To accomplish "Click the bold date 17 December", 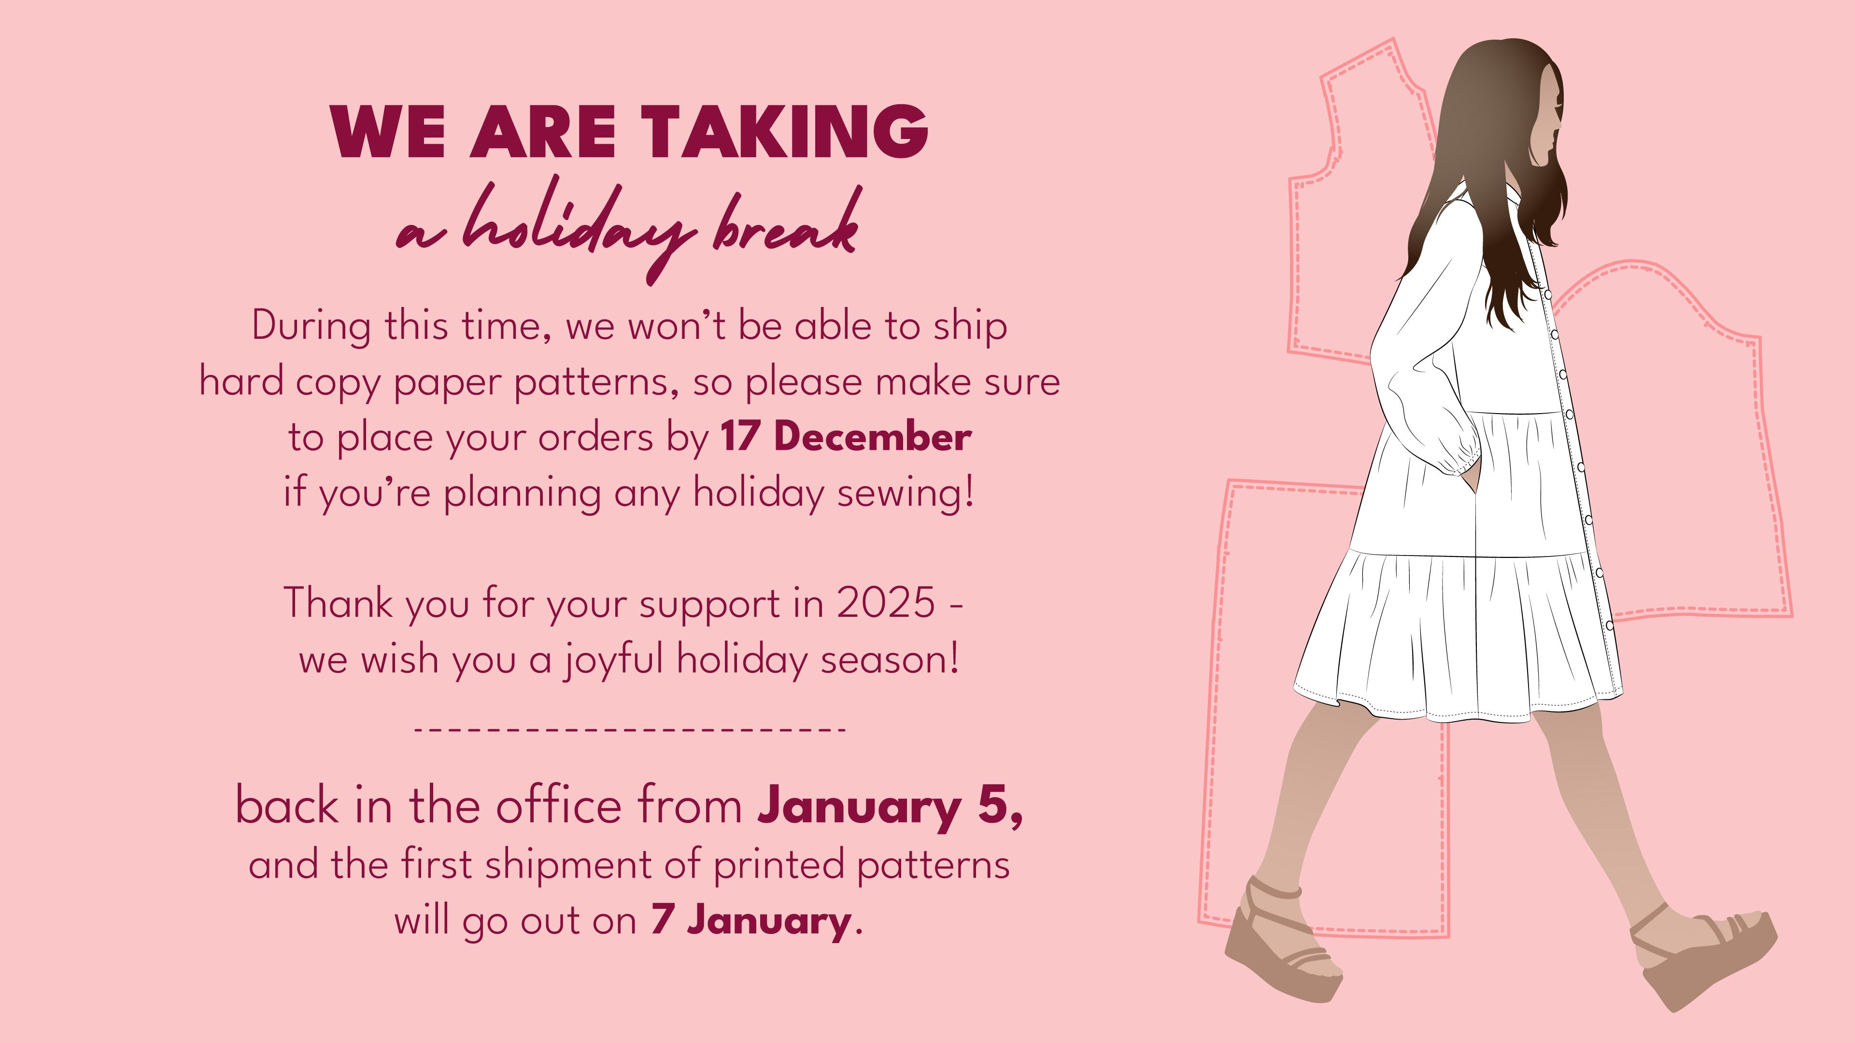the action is pos(846,436).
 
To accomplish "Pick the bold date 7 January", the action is pos(751,920).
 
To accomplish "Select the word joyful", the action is pos(612,659).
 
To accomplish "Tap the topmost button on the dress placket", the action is pos(1548,294).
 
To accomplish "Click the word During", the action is pos(311,325).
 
